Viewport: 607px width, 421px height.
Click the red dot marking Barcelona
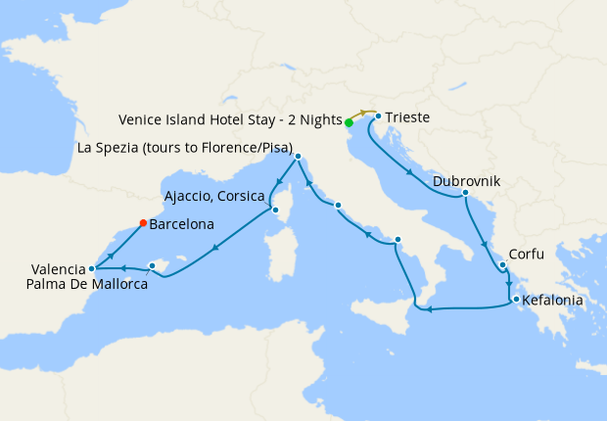click(143, 222)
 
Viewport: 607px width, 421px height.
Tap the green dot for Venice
click(349, 122)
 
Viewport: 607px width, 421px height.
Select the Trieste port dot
click(378, 117)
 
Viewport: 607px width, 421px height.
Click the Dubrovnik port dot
click(464, 193)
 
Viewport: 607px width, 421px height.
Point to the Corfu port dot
click(501, 264)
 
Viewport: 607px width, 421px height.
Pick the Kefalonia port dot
click(514, 300)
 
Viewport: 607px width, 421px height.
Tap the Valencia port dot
click(91, 268)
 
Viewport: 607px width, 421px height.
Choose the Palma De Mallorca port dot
click(152, 265)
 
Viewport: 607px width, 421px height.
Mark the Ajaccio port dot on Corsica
click(275, 209)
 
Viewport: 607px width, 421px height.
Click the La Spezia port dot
click(298, 156)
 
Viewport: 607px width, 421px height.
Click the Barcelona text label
click(182, 224)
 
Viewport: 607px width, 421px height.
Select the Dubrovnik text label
click(466, 181)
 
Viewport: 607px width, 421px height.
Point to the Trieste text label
click(406, 118)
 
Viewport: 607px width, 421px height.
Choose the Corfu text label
click(527, 252)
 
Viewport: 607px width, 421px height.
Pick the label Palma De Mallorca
click(88, 285)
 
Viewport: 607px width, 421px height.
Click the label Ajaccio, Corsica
click(214, 195)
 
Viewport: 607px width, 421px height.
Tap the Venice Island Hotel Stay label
click(230, 119)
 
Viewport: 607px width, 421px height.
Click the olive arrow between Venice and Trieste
click(363, 114)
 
